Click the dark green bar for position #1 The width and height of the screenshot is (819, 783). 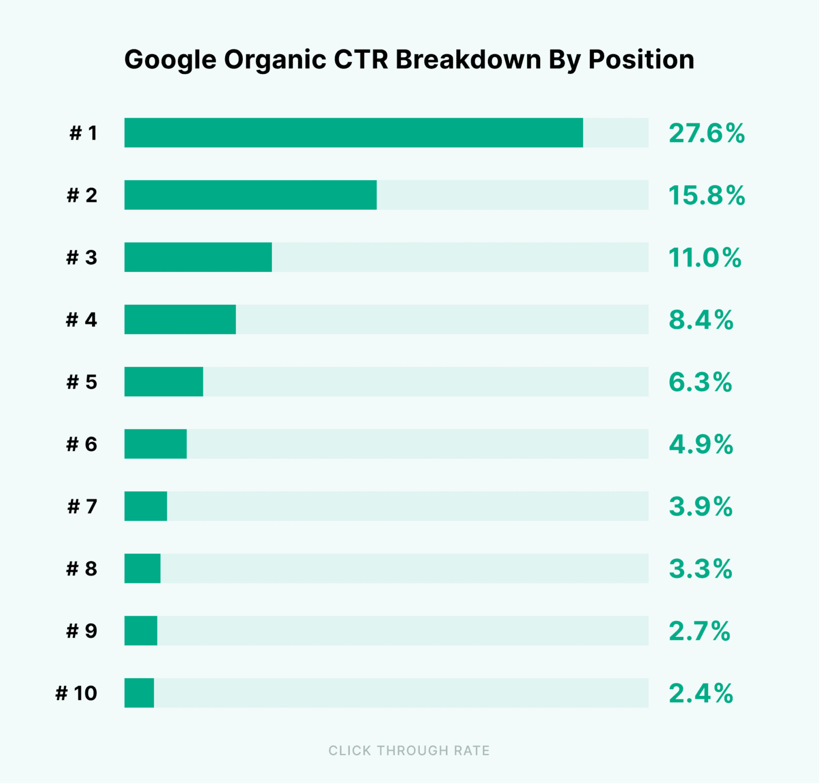pyautogui.click(x=353, y=133)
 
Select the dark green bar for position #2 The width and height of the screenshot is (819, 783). pyautogui.click(x=250, y=195)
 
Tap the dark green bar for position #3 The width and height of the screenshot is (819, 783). pyautogui.click(x=198, y=257)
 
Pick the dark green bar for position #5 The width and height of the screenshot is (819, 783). pyautogui.click(x=164, y=382)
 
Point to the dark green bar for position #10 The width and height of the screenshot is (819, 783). pyautogui.click(x=139, y=693)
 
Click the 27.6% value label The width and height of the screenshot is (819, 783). pyautogui.click(x=706, y=134)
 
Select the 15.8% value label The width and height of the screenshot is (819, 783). pyautogui.click(x=706, y=196)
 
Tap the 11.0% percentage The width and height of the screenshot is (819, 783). pyautogui.click(x=705, y=258)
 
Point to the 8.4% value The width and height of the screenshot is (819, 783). pyautogui.click(x=701, y=320)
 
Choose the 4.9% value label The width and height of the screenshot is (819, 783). pyautogui.click(x=701, y=444)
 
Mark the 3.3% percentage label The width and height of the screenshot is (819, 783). pyautogui.click(x=700, y=569)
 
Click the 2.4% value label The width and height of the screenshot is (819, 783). pyautogui.click(x=701, y=693)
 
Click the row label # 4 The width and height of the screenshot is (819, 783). pyautogui.click(x=81, y=320)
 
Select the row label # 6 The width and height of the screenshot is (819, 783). pyautogui.click(x=81, y=444)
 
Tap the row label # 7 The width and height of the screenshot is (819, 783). pyautogui.click(x=82, y=506)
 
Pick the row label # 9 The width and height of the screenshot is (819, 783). pyautogui.click(x=81, y=631)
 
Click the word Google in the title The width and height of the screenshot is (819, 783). pyautogui.click(x=170, y=60)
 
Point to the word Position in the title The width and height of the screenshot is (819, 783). pyautogui.click(x=641, y=59)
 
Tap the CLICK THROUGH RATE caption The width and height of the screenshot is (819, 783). pyautogui.click(x=409, y=751)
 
